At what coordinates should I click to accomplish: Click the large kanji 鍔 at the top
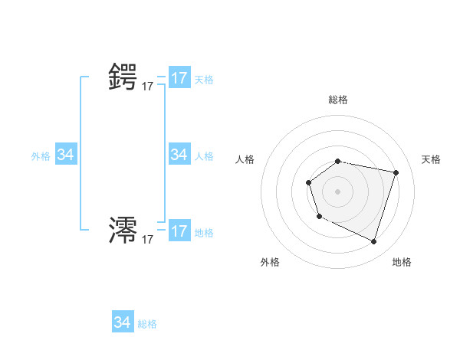click(123, 77)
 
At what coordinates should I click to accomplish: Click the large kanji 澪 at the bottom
click(123, 230)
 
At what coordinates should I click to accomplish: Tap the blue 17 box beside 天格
click(179, 78)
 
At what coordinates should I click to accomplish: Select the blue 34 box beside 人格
click(179, 155)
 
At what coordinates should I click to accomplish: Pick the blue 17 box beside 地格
click(179, 231)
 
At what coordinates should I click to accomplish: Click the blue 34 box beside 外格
click(66, 155)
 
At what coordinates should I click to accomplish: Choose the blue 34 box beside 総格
click(123, 322)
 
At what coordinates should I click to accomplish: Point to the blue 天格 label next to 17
click(204, 80)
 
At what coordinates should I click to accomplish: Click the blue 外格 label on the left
click(41, 156)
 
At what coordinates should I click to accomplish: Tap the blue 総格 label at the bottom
click(147, 324)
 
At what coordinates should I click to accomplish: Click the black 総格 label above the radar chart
click(338, 100)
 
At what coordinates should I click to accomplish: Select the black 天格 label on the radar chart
click(432, 159)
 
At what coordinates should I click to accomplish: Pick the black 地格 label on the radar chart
click(402, 262)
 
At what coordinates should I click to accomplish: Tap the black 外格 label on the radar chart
click(270, 262)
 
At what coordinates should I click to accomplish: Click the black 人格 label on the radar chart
click(245, 159)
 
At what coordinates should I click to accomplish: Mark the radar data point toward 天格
click(396, 172)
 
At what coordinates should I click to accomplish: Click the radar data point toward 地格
click(373, 241)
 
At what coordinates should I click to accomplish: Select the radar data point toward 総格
click(338, 161)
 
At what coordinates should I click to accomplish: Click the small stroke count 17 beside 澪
click(147, 240)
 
